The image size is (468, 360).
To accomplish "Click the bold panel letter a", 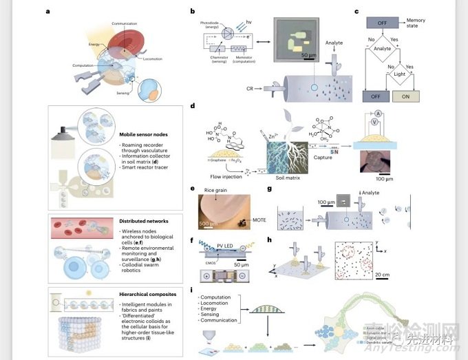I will (x=47, y=12).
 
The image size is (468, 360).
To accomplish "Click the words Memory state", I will (x=435, y=24).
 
